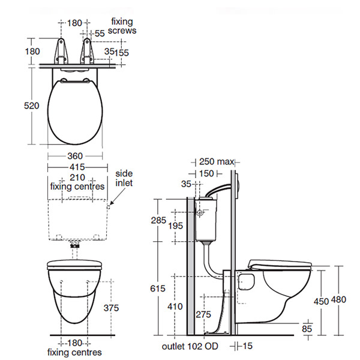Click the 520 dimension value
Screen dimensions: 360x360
point(32,106)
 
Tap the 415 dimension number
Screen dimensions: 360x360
point(75,166)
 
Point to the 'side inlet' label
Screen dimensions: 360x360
point(124,178)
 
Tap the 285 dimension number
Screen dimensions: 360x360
point(158,220)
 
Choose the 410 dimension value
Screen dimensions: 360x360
point(176,306)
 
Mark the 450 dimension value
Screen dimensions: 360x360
point(321,301)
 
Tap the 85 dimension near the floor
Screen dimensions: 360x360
point(307,328)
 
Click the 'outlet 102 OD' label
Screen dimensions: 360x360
point(189,347)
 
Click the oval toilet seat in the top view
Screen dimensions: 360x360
point(75,111)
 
